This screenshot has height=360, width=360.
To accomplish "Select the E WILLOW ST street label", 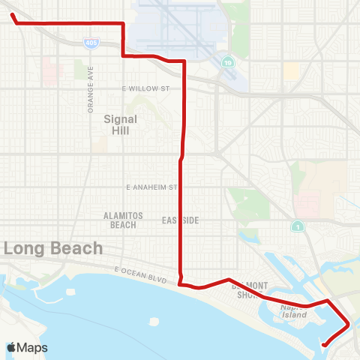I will (x=145, y=88).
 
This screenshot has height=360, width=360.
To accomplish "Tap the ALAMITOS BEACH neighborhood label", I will (x=120, y=220).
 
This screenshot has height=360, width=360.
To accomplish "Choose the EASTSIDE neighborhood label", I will (x=180, y=220).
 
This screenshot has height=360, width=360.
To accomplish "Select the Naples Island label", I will (x=295, y=312).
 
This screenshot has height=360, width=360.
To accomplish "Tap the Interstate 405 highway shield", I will (x=90, y=44).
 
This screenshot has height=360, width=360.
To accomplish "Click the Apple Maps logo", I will (x=27, y=347).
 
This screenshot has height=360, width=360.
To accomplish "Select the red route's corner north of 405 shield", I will (x=123, y=24).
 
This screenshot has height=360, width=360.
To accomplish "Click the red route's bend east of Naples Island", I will (x=349, y=325).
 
